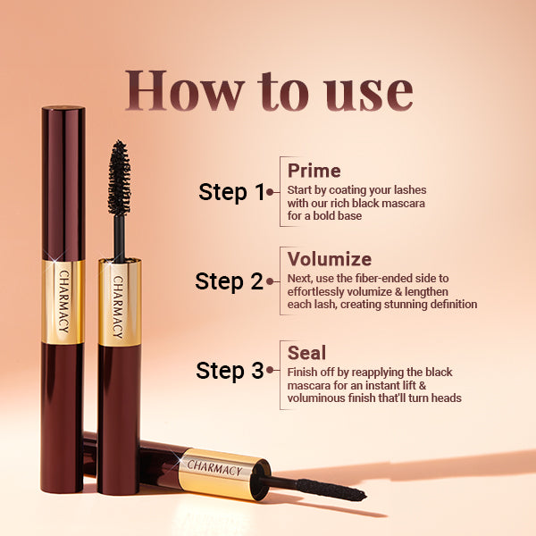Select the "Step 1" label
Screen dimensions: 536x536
pos(231,191)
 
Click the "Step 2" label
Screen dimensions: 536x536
pos(230,281)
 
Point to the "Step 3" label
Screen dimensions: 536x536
pos(230,370)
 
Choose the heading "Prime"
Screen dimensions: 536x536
pos(314,171)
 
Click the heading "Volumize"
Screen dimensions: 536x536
pos(329,259)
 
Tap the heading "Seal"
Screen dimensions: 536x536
pos(306,351)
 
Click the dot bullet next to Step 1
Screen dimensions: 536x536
pos(270,191)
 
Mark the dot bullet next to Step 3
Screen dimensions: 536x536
pos(270,370)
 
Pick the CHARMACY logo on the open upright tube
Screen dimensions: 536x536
pos(118,303)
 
